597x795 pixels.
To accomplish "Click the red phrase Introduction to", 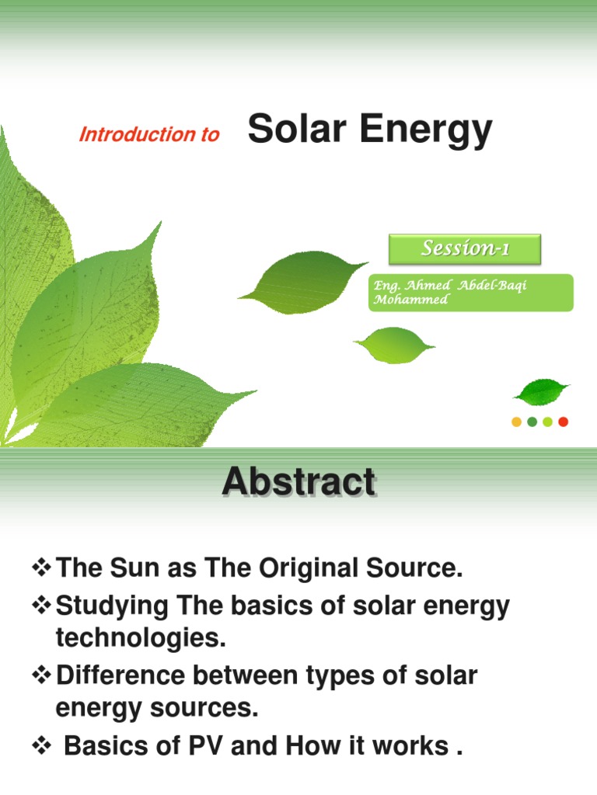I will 149,134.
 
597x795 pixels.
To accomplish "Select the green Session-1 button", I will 464,248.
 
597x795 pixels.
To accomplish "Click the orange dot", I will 516,422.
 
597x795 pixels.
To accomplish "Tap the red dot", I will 564,422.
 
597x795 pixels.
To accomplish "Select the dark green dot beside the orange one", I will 532,422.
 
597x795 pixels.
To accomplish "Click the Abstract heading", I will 298,482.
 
